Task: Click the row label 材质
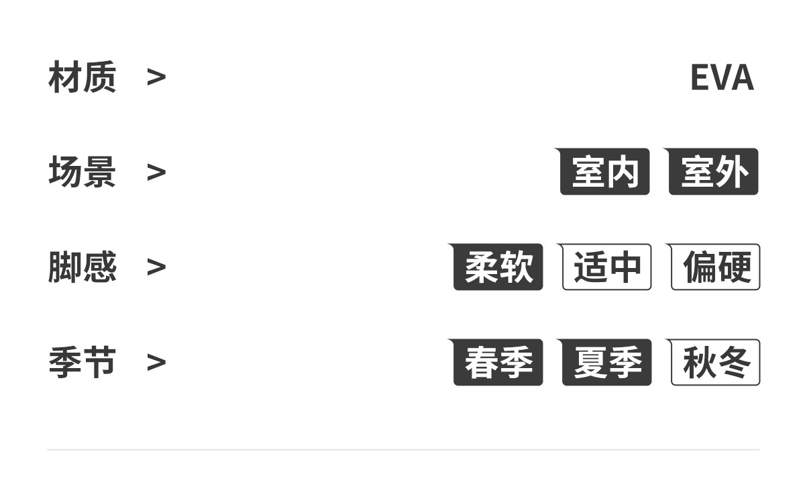point(82,77)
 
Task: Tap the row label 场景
point(82,172)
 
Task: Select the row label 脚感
point(82,267)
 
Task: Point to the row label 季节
point(82,362)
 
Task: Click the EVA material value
point(722,78)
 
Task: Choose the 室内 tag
point(605,172)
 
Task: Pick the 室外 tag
point(714,172)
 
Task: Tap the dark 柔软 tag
point(498,267)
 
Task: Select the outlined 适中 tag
point(607,267)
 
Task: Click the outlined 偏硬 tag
point(716,267)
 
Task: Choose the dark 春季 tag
point(498,363)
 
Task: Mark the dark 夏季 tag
point(607,363)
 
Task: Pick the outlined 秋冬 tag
point(716,363)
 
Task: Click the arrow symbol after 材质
point(156,78)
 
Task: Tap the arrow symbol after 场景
point(156,173)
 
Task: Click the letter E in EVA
point(700,78)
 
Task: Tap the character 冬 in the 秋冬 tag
point(733,363)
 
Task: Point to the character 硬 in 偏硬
point(733,267)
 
